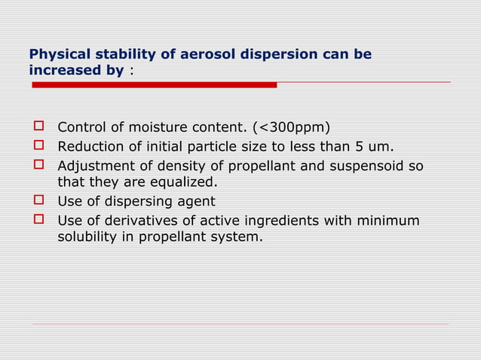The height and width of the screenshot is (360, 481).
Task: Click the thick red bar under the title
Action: pos(155,85)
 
